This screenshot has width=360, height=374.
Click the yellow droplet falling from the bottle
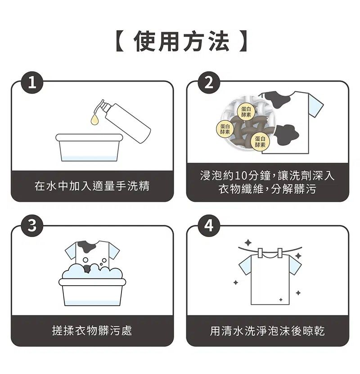point(94,119)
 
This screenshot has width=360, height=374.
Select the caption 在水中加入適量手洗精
point(92,186)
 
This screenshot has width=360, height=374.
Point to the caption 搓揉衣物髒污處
point(92,331)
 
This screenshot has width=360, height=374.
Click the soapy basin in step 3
point(92,288)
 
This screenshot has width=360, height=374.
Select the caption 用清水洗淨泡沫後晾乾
point(267,331)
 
